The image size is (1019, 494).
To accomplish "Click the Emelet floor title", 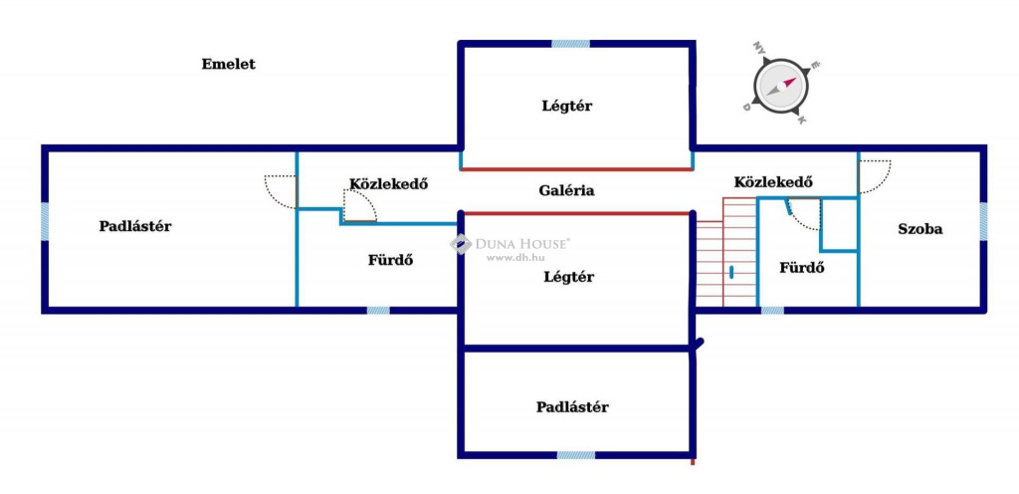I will pos(228,65).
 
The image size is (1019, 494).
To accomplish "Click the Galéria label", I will pos(566,190).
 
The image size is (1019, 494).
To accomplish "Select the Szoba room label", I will pos(919,229).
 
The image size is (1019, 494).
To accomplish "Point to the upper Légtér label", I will pos(567,106).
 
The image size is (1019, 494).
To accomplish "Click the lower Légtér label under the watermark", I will pos(568,277).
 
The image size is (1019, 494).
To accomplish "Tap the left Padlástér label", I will pos(135,226).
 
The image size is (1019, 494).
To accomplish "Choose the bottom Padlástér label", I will pos(572,406).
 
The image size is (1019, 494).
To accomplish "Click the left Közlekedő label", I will pos(388,183).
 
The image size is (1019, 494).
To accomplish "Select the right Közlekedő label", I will pos(774,182).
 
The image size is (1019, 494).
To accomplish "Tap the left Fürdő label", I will pos(390,260).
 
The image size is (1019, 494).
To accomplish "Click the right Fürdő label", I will pos(802,268).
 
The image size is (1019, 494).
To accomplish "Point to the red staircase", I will pos(724,254).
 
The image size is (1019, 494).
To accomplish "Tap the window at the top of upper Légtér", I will pos(570,44).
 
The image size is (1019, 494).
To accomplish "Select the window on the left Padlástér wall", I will pos(45,221).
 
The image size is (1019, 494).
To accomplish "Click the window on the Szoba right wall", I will pos(982,221).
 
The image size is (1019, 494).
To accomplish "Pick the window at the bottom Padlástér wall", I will pos(575,455).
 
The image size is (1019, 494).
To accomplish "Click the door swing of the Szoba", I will pos(874,176).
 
